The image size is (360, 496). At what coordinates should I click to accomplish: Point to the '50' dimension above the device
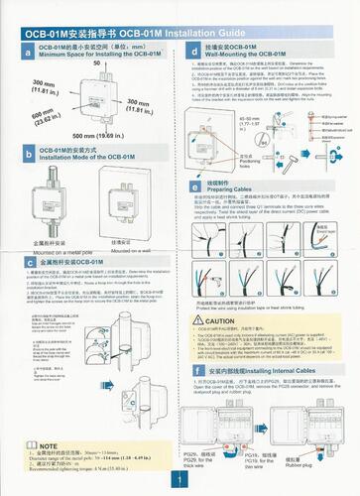[97, 62]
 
